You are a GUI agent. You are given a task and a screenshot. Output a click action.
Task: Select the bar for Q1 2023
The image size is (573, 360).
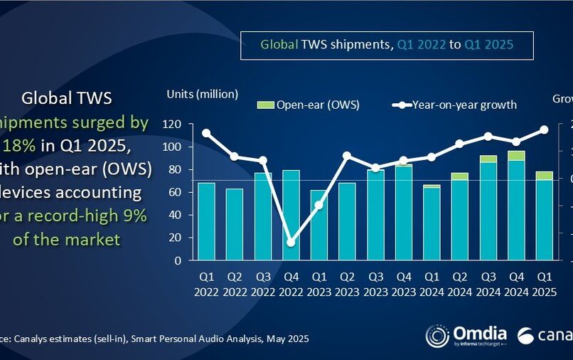coord(319,225)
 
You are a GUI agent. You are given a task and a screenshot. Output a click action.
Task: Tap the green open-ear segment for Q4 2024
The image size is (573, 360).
coord(516,156)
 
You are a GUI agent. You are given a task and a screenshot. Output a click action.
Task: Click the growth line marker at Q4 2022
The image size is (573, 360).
coord(291,243)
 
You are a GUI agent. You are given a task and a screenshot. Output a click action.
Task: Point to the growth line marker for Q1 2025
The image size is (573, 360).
coord(545,129)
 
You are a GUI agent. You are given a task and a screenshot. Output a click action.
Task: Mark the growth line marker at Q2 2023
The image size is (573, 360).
coord(347,155)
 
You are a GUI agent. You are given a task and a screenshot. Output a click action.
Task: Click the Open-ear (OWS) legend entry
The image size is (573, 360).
coord(309,105)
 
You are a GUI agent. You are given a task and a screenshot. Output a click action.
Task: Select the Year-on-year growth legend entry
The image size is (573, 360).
coord(455,105)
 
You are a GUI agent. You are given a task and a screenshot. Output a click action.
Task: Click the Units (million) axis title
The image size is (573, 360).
coord(203,94)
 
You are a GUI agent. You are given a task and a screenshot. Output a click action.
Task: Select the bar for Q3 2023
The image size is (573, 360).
coord(375,215)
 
